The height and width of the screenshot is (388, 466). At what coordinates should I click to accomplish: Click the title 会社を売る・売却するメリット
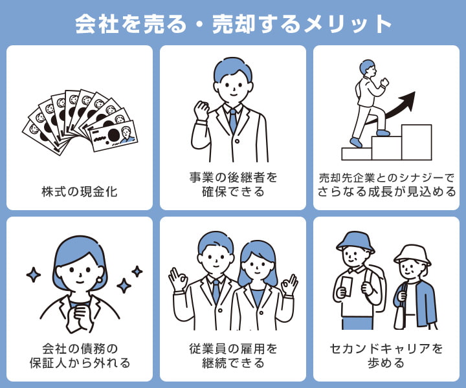pos(233,24)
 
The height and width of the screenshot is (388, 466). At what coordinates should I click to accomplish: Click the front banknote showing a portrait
pos(113,135)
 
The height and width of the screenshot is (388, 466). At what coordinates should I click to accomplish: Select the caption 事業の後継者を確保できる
pos(232,184)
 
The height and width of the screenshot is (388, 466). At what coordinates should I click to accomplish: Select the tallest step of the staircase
pos(416,142)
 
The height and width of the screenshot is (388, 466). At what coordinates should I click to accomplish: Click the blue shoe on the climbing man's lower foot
pos(355,142)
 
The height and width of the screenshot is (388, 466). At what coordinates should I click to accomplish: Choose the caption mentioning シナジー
pos(386,184)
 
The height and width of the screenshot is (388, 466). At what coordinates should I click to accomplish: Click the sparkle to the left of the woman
pos(33,274)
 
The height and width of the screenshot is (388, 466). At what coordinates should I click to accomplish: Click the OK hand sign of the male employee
pos(178,280)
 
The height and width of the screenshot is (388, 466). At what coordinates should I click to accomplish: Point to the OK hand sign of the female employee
pos(289,283)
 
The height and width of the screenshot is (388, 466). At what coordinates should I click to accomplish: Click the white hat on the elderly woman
pos(412,253)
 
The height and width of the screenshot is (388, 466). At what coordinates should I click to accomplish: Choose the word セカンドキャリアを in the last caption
pos(386,349)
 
